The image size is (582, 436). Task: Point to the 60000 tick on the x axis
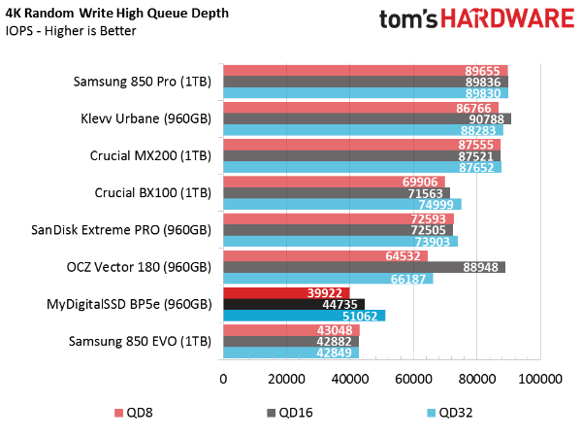coord(414,379)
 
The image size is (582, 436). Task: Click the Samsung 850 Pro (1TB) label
coord(142,83)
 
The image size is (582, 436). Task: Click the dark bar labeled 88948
coord(364,267)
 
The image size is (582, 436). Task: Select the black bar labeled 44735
coord(294,304)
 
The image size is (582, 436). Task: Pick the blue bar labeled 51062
coord(304,317)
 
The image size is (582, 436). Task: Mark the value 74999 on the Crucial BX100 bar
coord(439,205)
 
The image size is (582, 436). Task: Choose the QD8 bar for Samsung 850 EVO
coord(291,329)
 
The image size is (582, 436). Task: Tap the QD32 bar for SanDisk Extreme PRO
coord(339,242)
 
